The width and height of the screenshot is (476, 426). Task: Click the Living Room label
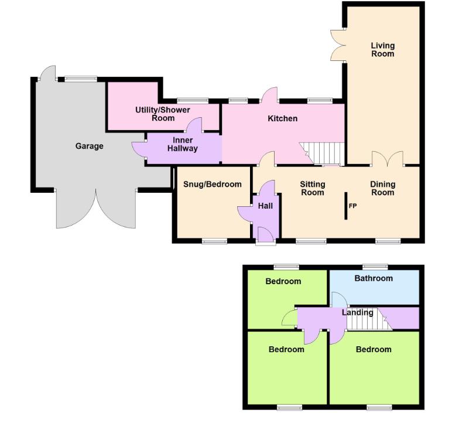point(382,50)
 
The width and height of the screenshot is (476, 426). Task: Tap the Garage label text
point(89,146)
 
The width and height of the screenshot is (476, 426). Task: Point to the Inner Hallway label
point(183,144)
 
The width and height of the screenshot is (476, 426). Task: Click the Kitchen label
point(282,118)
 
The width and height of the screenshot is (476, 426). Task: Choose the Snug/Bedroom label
point(212,184)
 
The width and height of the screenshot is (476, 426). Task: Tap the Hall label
point(265,206)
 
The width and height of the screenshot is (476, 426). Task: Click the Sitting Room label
point(313,188)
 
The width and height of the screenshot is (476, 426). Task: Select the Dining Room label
point(383,188)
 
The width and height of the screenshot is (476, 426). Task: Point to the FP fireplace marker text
point(352,206)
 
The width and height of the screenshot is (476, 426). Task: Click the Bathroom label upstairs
point(374,278)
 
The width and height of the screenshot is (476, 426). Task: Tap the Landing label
point(357,312)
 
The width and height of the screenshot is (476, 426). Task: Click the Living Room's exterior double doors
point(338,45)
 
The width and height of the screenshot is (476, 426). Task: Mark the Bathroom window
point(374,266)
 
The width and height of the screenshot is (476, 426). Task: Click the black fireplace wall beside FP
point(346,206)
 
